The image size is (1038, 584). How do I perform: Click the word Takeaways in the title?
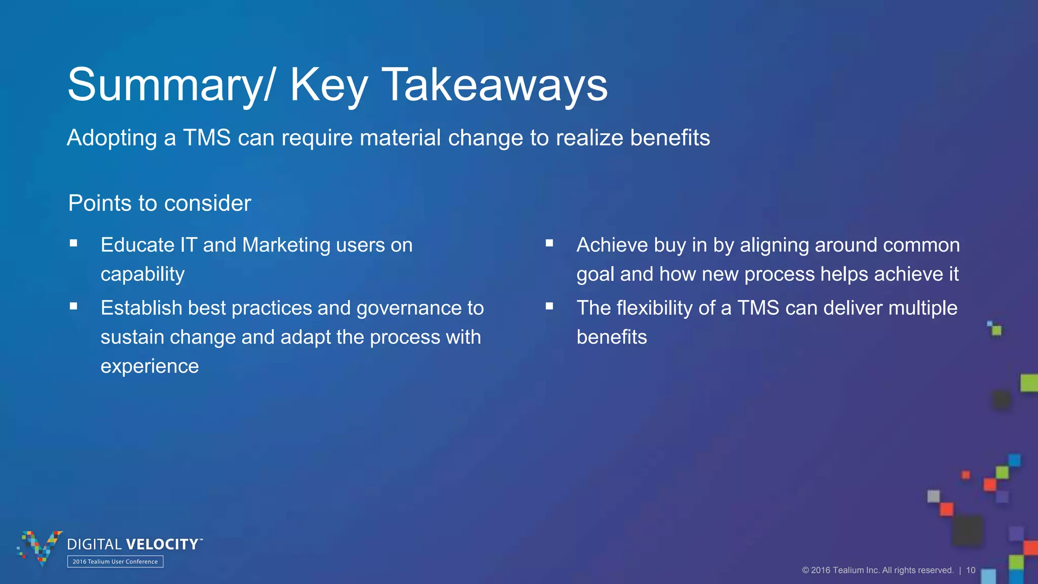coord(495,85)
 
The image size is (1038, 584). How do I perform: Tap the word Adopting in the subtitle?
coord(112,138)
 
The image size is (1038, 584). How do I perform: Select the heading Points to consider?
coord(160,203)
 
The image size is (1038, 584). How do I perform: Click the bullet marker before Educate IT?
coord(74,243)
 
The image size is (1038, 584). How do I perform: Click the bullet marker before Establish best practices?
coord(74,306)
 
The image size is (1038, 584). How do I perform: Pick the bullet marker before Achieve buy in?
coord(549,243)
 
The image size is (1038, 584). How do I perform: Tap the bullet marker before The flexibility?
coord(549,306)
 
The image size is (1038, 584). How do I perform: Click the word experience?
coord(150,366)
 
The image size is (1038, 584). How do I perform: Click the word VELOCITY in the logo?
coord(162,544)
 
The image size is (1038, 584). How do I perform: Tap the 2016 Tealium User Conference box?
coord(115,562)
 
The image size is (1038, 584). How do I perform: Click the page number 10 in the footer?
coord(971,570)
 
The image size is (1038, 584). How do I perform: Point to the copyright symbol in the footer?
coord(805,570)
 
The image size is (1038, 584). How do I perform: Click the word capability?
coord(142,274)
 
